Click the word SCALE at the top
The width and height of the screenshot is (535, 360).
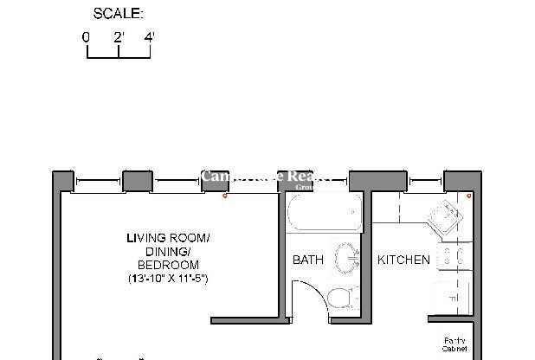(x=119, y=14)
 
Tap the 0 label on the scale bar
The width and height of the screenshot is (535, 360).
(x=86, y=37)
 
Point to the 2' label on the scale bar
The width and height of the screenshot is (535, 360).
(x=119, y=37)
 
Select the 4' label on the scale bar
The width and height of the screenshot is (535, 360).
(x=150, y=37)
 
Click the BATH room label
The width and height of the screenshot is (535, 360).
(x=307, y=260)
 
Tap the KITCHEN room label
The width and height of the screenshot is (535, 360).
(x=403, y=260)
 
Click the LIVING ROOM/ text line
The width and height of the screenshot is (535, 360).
(x=168, y=238)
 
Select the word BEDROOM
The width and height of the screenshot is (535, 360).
(x=168, y=265)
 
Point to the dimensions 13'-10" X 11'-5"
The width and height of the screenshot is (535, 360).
(x=168, y=279)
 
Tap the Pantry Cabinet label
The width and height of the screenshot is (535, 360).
(x=454, y=344)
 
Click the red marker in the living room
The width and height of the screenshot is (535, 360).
(x=226, y=196)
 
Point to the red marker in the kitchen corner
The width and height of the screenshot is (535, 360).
(x=468, y=196)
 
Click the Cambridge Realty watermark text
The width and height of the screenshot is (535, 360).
(x=267, y=177)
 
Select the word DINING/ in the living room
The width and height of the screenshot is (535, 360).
(x=168, y=252)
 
